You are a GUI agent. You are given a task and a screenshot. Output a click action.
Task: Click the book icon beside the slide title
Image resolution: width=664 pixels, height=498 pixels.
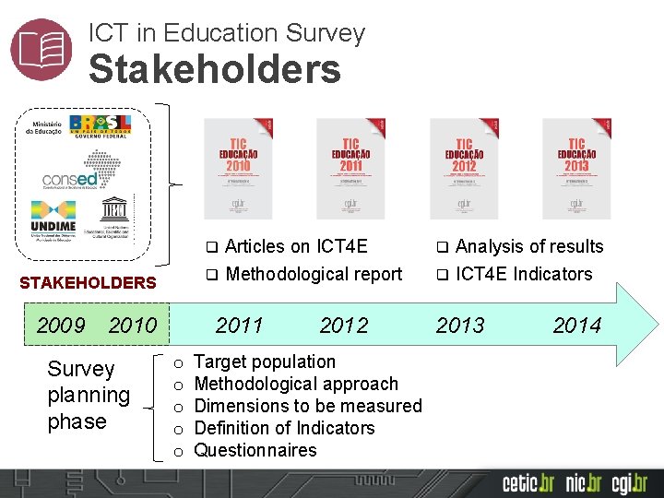tap(41, 49)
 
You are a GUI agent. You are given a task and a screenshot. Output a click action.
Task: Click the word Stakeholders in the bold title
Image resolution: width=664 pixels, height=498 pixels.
tap(215, 69)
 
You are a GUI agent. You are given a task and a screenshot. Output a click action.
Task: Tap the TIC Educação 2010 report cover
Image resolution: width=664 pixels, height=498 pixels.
tap(238, 168)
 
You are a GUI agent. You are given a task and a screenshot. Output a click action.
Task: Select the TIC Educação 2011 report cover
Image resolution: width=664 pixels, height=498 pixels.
tap(350, 168)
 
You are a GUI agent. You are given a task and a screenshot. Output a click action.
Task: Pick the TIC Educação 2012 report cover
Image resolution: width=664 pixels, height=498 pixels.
tap(464, 168)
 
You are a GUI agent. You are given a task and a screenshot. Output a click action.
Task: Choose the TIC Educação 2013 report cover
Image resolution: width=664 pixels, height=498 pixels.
tap(576, 168)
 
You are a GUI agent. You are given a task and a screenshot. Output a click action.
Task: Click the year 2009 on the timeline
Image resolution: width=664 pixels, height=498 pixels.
tap(61, 325)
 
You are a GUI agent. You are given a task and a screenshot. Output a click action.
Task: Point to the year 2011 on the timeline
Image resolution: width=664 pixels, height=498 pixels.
tap(239, 325)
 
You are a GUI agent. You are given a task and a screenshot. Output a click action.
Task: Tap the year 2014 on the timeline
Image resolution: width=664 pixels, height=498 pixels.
tap(576, 325)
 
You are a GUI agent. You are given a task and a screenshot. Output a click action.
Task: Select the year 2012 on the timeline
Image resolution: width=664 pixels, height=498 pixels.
tap(343, 325)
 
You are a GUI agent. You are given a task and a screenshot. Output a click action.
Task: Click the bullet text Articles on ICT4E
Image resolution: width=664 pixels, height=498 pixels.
tap(296, 246)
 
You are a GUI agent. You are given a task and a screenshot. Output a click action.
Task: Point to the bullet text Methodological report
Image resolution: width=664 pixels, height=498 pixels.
tap(314, 274)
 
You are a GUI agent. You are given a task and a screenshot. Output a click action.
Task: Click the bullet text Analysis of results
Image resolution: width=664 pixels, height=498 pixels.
tap(528, 246)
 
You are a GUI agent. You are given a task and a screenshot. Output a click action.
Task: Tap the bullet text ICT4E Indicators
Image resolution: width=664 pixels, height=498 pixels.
tap(524, 274)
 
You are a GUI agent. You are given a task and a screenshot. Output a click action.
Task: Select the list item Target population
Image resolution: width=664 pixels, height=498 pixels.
tap(266, 362)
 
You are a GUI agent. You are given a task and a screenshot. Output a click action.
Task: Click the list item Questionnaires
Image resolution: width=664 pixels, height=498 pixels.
tap(255, 450)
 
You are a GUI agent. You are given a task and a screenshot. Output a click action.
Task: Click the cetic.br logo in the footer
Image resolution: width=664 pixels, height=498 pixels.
tap(528, 482)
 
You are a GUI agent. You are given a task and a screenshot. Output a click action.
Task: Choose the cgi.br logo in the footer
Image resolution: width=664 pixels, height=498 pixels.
tap(628, 482)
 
